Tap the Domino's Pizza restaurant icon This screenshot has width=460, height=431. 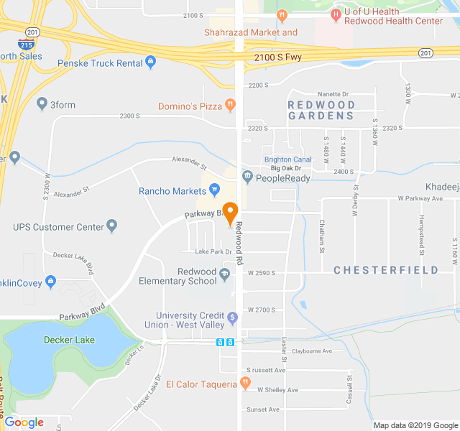(x=230, y=106)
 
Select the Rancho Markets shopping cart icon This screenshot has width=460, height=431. (x=214, y=190)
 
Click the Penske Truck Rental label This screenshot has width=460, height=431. (x=100, y=63)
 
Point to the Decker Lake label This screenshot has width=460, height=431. (x=69, y=340)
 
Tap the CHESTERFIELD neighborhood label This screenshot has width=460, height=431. (x=386, y=271)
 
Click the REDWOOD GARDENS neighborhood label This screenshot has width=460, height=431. (x=321, y=111)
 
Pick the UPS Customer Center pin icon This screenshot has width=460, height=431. (x=112, y=227)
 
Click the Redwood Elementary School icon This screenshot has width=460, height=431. (x=226, y=274)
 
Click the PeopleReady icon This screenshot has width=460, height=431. (x=247, y=176)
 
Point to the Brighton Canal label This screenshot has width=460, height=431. (x=287, y=159)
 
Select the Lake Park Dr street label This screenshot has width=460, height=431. (x=213, y=251)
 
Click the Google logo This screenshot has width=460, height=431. (x=24, y=422)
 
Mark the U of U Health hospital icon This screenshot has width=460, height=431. (x=335, y=14)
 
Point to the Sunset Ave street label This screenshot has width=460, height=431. (x=263, y=409)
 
